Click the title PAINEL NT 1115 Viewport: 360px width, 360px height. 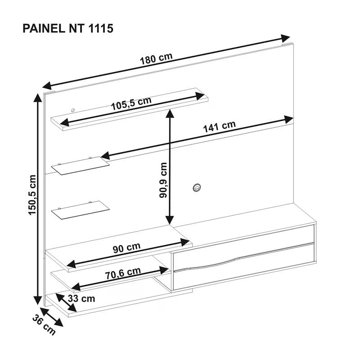68,29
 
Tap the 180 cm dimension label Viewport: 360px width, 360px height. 156,59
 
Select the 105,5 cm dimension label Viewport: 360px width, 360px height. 131,103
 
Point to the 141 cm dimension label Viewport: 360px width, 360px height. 220,126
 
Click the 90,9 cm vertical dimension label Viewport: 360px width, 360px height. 163,180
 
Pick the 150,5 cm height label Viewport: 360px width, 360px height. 32,195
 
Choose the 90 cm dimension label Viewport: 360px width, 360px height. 126,248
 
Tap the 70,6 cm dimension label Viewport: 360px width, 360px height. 123,273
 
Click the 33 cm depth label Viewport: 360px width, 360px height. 81,299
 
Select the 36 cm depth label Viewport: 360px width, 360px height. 44,325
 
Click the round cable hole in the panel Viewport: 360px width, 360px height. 197,187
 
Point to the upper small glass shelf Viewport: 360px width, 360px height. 80,165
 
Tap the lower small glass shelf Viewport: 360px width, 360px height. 80,210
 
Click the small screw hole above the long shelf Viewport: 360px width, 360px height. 73,110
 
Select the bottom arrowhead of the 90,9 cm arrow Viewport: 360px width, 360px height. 170,220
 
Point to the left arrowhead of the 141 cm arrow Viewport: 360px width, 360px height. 105,156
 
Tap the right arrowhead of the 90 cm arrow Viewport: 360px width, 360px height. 185,242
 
